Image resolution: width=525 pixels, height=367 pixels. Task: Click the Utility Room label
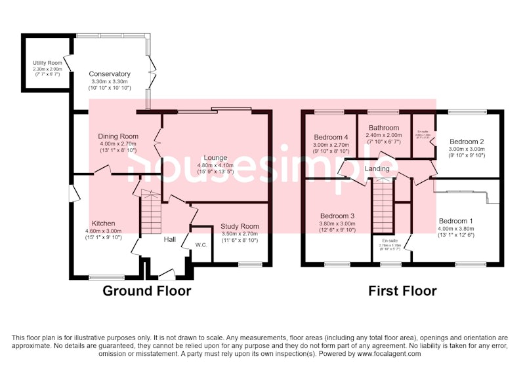tap(47, 63)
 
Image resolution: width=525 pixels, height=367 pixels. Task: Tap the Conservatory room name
tap(110, 74)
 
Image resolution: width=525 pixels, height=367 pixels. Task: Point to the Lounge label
tap(215, 157)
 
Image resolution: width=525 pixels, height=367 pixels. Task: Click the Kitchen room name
tap(104, 223)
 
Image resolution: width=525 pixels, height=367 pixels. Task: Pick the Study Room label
tap(240, 226)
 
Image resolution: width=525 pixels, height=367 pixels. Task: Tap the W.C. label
tap(201, 244)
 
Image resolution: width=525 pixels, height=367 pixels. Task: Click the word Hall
tap(169, 240)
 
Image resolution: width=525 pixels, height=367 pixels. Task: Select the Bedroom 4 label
tap(333, 136)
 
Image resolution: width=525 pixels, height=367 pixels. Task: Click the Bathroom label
tap(383, 128)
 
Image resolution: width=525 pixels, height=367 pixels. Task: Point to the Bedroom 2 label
tap(467, 141)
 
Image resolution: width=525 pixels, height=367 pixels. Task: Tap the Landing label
tap(377, 168)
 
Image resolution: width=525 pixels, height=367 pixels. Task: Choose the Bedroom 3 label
tap(337, 216)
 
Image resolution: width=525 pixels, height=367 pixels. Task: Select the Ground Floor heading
tap(147, 290)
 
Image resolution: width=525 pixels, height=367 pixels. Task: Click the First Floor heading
tap(402, 290)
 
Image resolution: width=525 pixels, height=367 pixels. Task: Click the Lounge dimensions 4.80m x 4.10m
tap(215, 166)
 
